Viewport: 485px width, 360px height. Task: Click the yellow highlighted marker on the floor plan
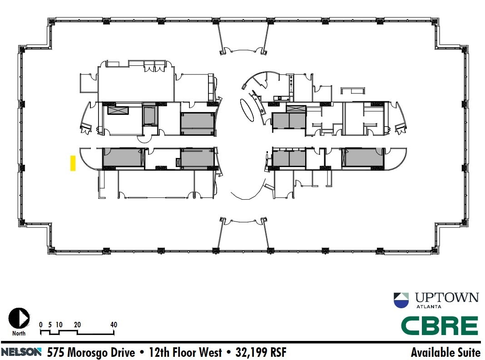pyautogui.click(x=73, y=163)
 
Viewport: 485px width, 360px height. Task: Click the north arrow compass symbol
pyautogui.click(x=19, y=318)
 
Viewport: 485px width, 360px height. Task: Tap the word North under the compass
pyautogui.click(x=19, y=333)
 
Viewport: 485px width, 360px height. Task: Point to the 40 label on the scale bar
pyautogui.click(x=114, y=325)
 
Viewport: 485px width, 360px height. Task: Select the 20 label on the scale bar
pyautogui.click(x=77, y=325)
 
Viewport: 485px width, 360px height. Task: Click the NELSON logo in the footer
pyautogui.click(x=21, y=352)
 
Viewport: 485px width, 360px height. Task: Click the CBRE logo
pyautogui.click(x=439, y=326)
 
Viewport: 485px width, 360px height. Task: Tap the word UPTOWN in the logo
pyautogui.click(x=447, y=298)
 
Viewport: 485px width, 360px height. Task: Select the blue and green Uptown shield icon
pyautogui.click(x=401, y=300)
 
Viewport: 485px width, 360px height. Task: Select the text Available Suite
pyautogui.click(x=445, y=352)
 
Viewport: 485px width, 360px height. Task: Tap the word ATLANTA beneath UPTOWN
pyautogui.click(x=429, y=307)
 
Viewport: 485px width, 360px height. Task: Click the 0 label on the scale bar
pyautogui.click(x=41, y=325)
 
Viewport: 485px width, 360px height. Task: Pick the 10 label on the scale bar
pyautogui.click(x=59, y=325)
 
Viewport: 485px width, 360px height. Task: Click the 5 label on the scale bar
pyautogui.click(x=50, y=325)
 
